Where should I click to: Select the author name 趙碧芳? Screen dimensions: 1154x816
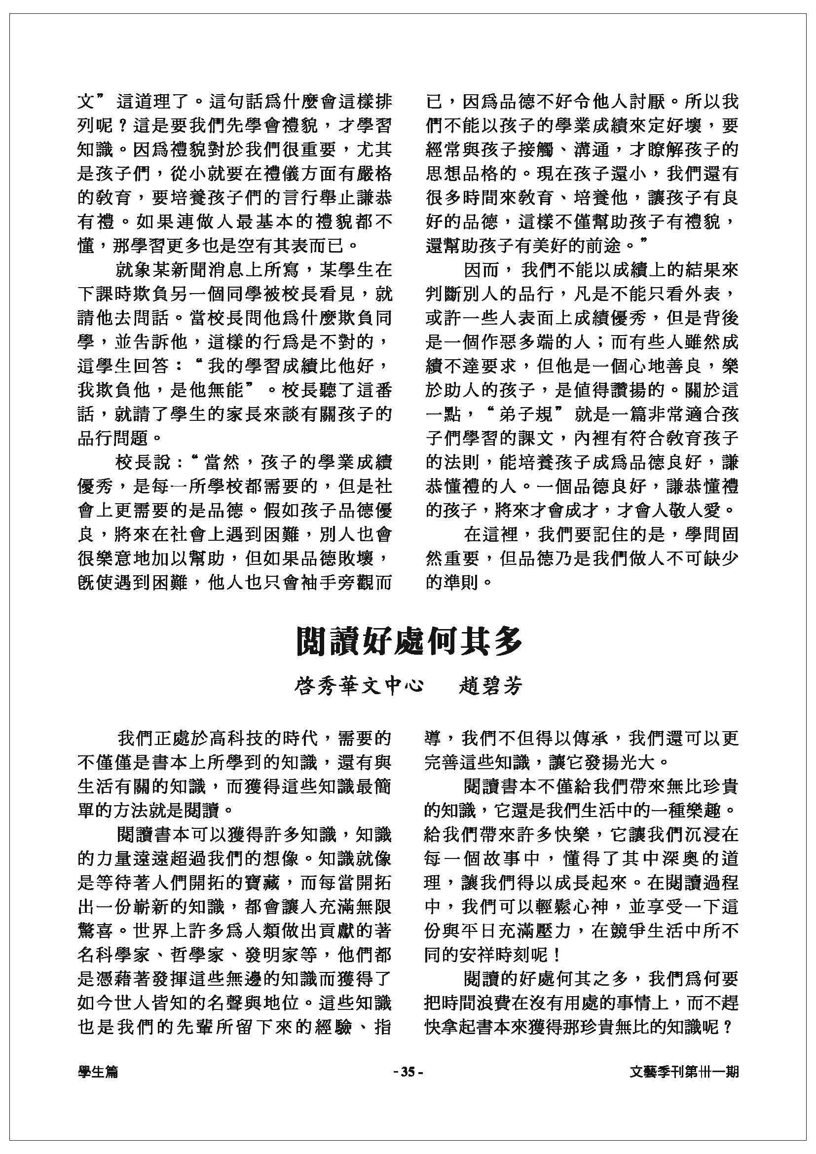tap(490, 686)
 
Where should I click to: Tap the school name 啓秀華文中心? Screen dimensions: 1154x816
tap(358, 686)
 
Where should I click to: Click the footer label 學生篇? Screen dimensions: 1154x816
tap(98, 1073)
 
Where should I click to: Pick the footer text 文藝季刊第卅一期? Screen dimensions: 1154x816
tap(684, 1073)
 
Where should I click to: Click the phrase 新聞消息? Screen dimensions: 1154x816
tap(189, 270)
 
